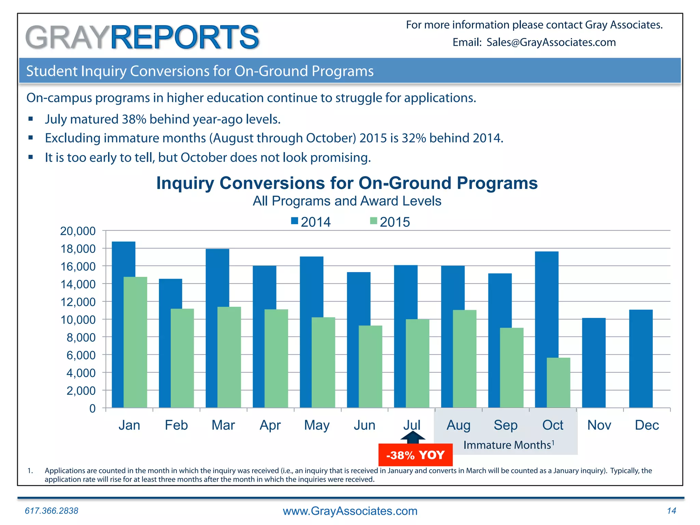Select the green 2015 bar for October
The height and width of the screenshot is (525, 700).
[x=558, y=383]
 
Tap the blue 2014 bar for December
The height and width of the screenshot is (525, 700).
[x=641, y=359]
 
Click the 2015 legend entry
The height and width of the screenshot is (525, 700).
[x=390, y=222]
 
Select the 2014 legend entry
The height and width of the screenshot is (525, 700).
[x=311, y=222]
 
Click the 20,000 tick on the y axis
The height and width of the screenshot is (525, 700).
[x=78, y=231]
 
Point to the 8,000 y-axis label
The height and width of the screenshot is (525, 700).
[x=81, y=338]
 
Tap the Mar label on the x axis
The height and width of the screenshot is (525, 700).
[x=223, y=425]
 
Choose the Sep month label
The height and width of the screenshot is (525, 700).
[x=506, y=425]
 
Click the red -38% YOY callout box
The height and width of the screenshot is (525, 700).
[x=415, y=455]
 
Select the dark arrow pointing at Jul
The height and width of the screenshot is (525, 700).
[x=413, y=437]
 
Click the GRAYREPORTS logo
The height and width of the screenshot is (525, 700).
[x=142, y=37]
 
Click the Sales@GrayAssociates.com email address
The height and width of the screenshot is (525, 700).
[x=551, y=42]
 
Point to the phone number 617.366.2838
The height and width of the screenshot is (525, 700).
[x=52, y=511]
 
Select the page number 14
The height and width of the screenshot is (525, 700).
[x=671, y=511]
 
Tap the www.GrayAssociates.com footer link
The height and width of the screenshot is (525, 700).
[x=350, y=511]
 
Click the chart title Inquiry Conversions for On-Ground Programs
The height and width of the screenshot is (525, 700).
[x=347, y=183]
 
